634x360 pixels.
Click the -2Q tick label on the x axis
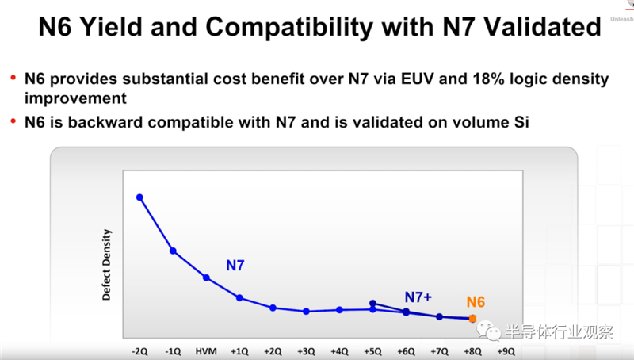click(x=139, y=350)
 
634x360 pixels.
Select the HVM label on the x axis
click(x=206, y=350)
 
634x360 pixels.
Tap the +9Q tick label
click(x=506, y=350)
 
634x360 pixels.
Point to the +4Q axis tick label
click(x=339, y=350)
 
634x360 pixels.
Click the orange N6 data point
click(x=473, y=319)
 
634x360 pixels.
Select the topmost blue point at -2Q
click(x=139, y=197)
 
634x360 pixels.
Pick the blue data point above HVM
click(x=206, y=278)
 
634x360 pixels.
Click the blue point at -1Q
click(x=173, y=251)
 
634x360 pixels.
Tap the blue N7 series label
click(x=235, y=266)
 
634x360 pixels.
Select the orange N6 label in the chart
click(x=475, y=302)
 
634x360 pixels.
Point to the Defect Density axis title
click(x=107, y=265)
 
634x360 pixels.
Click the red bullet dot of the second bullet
click(x=13, y=122)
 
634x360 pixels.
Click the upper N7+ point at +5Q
click(x=372, y=303)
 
